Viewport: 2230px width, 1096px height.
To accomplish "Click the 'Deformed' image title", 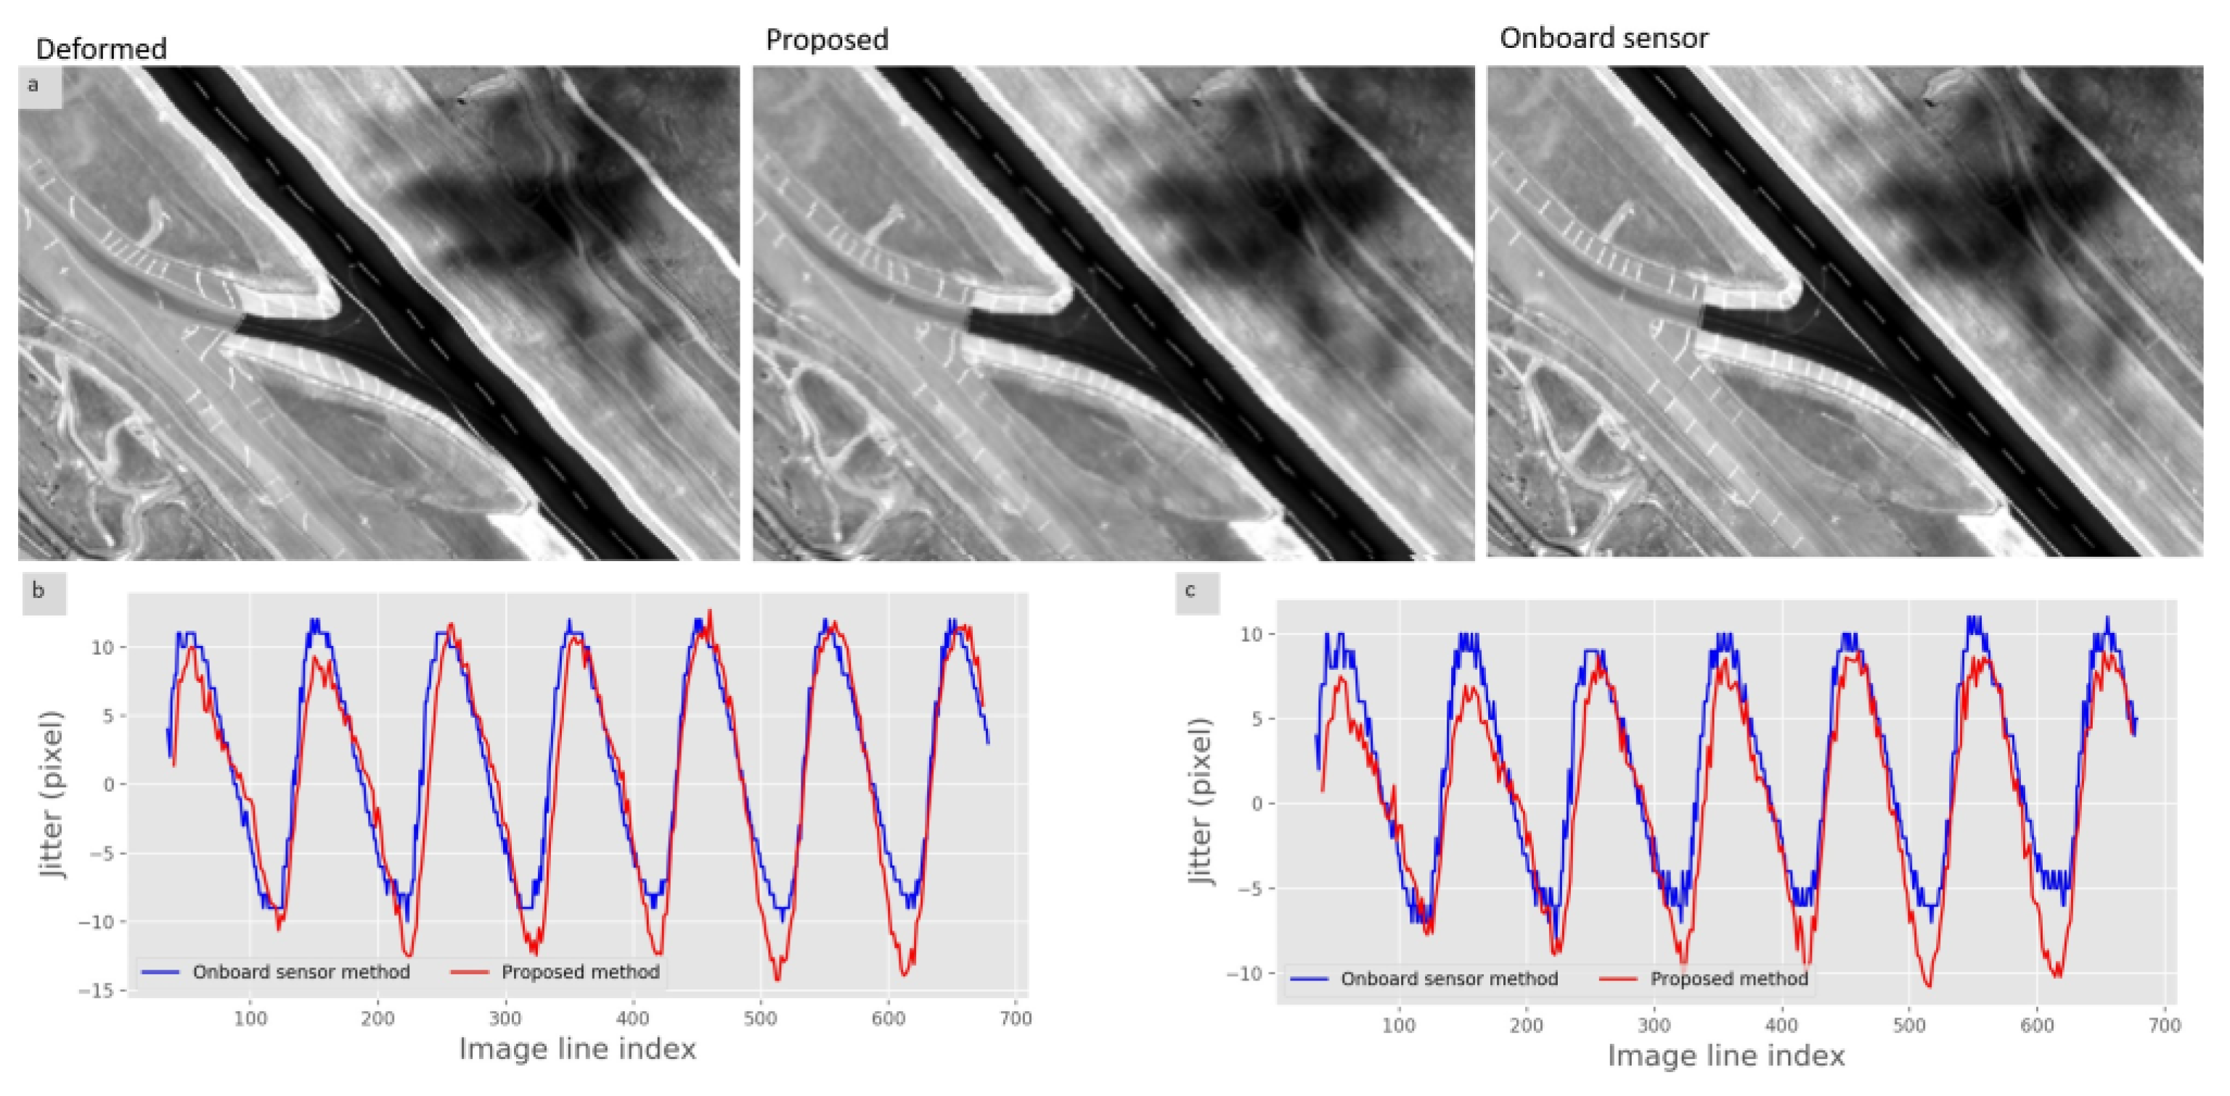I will point(102,49).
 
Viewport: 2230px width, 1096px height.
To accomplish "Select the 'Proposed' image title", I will point(827,40).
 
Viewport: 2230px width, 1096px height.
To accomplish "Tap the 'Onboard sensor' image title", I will point(1604,38).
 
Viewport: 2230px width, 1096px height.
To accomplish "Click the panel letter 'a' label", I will point(34,85).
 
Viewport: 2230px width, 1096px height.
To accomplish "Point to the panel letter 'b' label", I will point(38,592).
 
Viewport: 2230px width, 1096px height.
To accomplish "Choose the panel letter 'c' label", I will point(1191,590).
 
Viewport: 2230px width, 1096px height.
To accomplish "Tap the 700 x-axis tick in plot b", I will point(1016,1019).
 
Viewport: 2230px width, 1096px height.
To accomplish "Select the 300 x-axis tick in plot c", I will point(1654,1026).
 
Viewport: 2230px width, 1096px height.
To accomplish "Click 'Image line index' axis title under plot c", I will point(1725,1056).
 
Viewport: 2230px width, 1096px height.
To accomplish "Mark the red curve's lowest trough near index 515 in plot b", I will point(777,979).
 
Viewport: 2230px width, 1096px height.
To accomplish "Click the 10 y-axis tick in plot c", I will point(1251,634).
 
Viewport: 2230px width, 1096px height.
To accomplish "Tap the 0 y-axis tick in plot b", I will point(109,785).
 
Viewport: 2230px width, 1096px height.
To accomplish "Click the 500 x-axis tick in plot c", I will point(1909,1026).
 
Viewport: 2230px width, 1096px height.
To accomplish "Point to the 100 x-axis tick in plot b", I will point(250,1019).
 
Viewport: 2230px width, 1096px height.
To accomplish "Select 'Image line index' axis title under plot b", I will point(576,1050).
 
